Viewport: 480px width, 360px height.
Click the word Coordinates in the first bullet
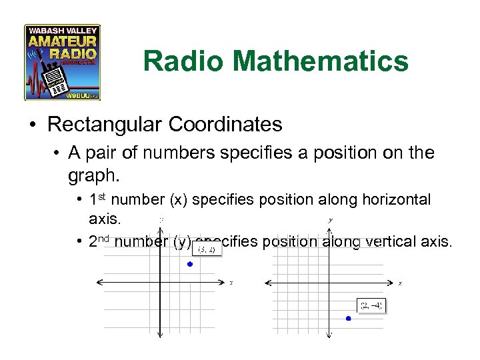tap(227, 125)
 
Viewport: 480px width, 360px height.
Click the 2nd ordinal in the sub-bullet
tap(100, 241)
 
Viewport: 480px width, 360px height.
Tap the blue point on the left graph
tap(190, 265)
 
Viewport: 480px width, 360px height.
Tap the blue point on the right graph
tap(348, 319)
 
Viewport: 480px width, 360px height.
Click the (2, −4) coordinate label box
tap(371, 305)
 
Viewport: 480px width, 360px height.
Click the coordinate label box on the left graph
tap(207, 250)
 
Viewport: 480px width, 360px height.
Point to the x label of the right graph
tap(400, 283)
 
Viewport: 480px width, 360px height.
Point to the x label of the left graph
tap(231, 283)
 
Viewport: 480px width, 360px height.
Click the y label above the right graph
tap(331, 220)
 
